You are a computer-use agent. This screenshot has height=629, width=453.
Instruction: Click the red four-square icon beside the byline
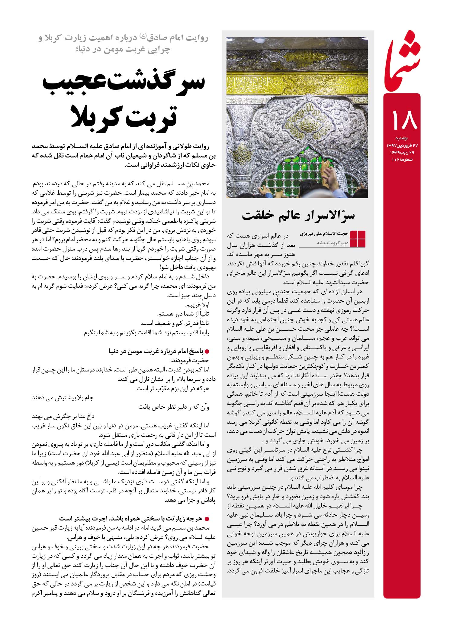point(357,239)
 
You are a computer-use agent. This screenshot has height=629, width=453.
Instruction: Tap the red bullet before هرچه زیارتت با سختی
point(207,518)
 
